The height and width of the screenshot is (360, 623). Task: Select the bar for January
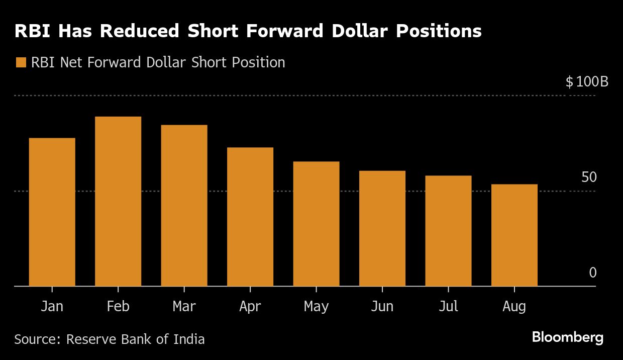pyautogui.click(x=52, y=212)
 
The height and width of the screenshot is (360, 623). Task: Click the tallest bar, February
pyautogui.click(x=118, y=201)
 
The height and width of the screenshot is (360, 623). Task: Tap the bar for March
pyautogui.click(x=184, y=205)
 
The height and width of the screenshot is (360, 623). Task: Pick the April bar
pyautogui.click(x=250, y=217)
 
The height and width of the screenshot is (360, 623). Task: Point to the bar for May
pyautogui.click(x=316, y=224)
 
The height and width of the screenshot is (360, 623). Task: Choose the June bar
pyautogui.click(x=382, y=228)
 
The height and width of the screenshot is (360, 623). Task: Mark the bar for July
pyautogui.click(x=448, y=231)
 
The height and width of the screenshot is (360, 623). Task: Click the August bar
pyautogui.click(x=514, y=235)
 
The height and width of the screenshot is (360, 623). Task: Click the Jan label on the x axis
pyautogui.click(x=52, y=306)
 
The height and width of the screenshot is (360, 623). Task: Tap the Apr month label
pyautogui.click(x=250, y=306)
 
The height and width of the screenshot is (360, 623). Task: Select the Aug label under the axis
pyautogui.click(x=514, y=306)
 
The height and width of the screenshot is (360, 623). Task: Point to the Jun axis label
pyautogui.click(x=382, y=306)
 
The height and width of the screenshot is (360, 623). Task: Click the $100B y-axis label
pyautogui.click(x=587, y=82)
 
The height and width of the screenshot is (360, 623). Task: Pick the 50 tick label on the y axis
pyautogui.click(x=589, y=177)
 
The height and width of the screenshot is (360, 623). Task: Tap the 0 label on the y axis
pyautogui.click(x=593, y=273)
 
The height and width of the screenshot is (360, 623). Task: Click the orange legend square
pyautogui.click(x=21, y=63)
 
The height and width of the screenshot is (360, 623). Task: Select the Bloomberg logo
pyautogui.click(x=568, y=337)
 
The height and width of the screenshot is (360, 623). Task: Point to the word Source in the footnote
pyautogui.click(x=36, y=339)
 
